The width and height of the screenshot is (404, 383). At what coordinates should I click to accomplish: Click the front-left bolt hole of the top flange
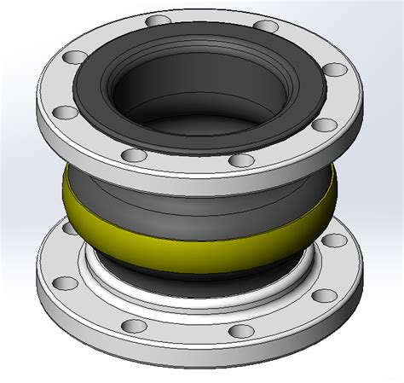click(x=132, y=155)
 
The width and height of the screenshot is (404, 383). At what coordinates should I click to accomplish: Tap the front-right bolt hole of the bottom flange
click(x=245, y=329)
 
